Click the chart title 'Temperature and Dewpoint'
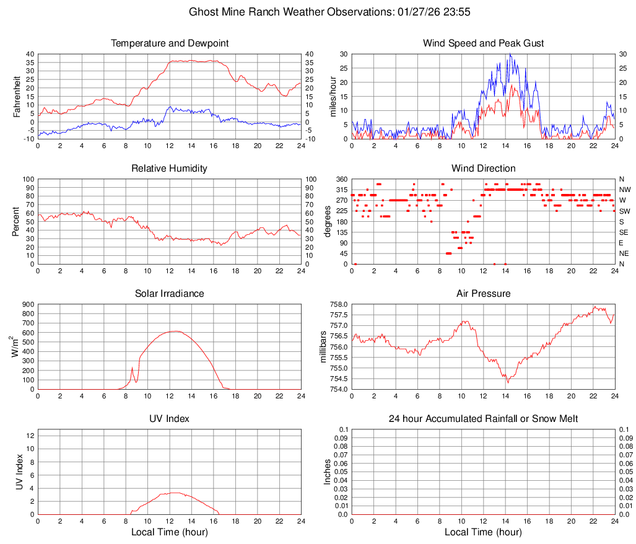(169, 43)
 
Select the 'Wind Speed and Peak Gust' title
(483, 43)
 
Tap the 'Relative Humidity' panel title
(169, 169)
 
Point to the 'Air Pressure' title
(483, 294)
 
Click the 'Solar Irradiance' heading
(169, 294)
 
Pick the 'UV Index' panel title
(169, 419)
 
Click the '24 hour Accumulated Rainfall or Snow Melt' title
(483, 419)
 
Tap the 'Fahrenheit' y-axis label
(17, 96)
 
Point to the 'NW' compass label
(625, 190)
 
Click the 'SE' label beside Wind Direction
(624, 232)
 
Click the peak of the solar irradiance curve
(175, 331)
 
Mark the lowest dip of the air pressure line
(508, 382)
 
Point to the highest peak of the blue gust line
(510, 55)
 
